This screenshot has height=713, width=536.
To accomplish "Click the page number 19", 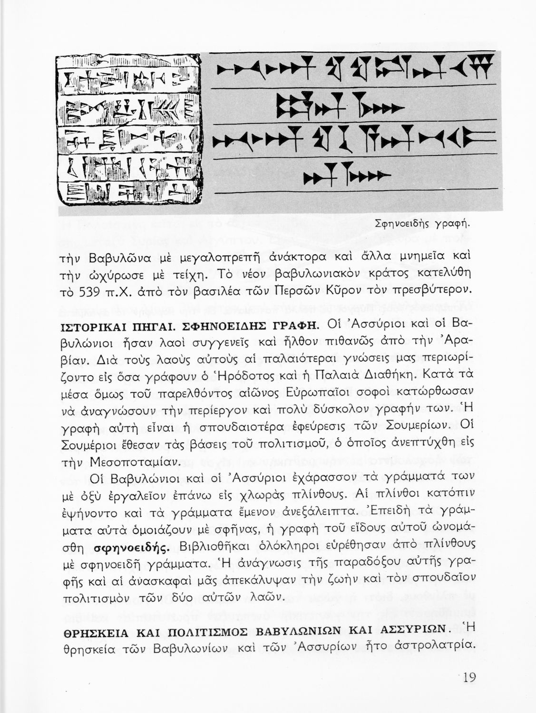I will pos(468,677).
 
